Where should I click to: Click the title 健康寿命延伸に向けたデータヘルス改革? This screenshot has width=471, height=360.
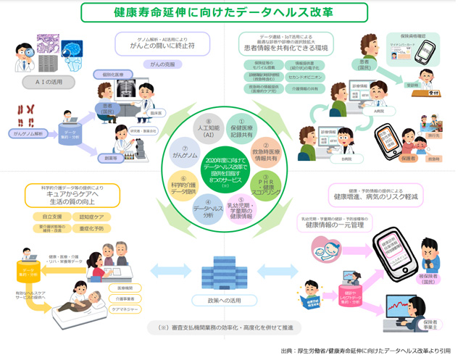pyautogui.click(x=234, y=13)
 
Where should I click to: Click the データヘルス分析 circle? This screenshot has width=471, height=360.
pyautogui.click(x=208, y=210)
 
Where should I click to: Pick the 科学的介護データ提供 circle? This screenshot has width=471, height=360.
pyautogui.click(x=184, y=186)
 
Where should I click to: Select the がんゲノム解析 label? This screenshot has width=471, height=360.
pyautogui.click(x=28, y=134)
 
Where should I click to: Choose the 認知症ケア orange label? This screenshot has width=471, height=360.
pyautogui.click(x=91, y=216)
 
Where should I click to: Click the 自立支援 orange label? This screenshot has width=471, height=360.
pyautogui.click(x=51, y=216)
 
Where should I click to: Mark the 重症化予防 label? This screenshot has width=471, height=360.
pyautogui.click(x=91, y=228)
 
